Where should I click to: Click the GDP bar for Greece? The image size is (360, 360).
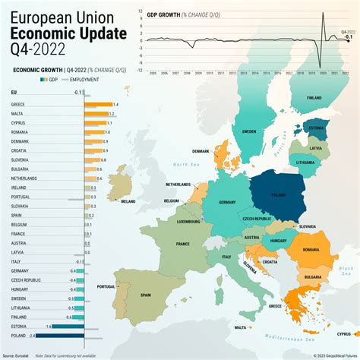(98, 104)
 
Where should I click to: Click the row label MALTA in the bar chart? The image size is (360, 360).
(18, 112)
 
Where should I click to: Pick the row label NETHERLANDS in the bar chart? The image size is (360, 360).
(25, 178)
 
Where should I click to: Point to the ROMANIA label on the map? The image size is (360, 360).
(310, 249)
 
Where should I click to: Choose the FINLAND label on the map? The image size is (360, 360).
(313, 98)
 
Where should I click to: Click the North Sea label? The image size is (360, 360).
(184, 164)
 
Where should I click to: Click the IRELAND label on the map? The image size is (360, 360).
(128, 201)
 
